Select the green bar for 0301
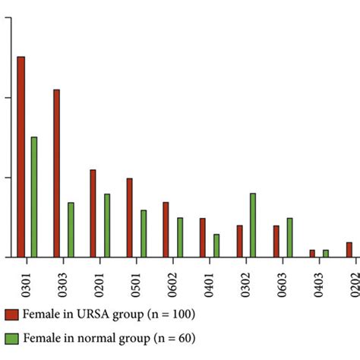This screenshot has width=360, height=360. click(x=34, y=197)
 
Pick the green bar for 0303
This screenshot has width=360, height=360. click(x=71, y=229)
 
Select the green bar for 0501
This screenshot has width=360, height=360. click(x=144, y=233)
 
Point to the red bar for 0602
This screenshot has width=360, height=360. click(x=166, y=229)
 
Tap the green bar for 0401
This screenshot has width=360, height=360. click(x=216, y=245)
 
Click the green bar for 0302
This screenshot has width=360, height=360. click(x=253, y=225)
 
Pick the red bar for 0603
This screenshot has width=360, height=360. click(x=276, y=241)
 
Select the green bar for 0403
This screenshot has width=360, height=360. click(x=327, y=253)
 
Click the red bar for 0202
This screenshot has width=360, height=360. click(x=349, y=249)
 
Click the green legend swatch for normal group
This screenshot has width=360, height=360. click(x=11, y=339)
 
